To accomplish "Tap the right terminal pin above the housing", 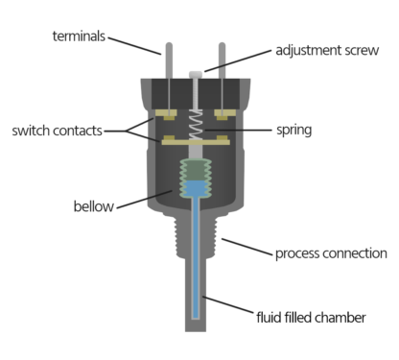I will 223,60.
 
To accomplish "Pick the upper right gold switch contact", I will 226,115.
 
